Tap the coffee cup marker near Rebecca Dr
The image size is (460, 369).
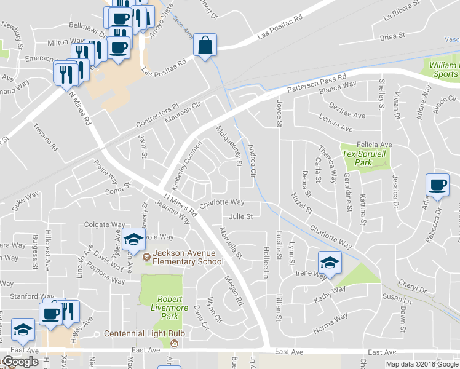click(x=437, y=185)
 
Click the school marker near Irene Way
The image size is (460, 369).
click(x=330, y=263)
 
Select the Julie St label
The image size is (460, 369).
click(x=240, y=216)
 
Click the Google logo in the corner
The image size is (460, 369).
click(x=20, y=362)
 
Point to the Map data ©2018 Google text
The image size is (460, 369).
click(x=422, y=364)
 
